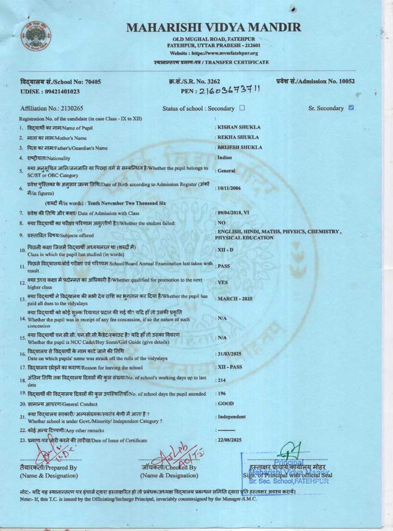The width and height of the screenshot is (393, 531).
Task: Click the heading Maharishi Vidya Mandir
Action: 214,27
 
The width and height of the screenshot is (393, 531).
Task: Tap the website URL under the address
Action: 214,53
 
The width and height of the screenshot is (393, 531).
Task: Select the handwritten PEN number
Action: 230,90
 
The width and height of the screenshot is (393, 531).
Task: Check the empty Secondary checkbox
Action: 242,108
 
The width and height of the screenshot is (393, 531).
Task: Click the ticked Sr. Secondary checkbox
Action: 351,107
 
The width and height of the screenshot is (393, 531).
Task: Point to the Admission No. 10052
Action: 316,81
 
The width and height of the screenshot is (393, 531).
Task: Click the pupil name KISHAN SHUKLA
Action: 239,127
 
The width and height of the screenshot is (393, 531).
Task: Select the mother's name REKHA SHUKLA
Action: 238,137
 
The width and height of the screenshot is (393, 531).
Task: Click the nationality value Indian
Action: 225,157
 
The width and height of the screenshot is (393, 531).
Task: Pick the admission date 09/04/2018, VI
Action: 233,213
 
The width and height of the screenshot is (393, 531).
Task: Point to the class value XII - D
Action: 226,250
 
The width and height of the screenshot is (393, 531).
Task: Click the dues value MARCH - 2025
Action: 235,299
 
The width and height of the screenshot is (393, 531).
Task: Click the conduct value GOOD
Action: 226,404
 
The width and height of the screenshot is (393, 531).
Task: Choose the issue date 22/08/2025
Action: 230,440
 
